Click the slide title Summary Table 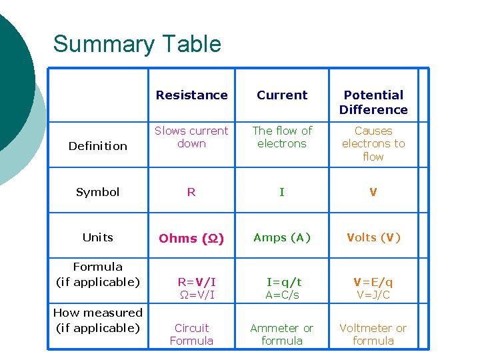[137, 44]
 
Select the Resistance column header [191, 95]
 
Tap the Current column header [282, 95]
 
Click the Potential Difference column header [373, 102]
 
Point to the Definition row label [98, 146]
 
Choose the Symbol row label [98, 192]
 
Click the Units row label [98, 237]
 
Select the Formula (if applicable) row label [98, 274]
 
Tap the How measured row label [98, 320]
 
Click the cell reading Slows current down [191, 137]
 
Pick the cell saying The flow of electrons [282, 137]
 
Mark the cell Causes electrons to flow [373, 143]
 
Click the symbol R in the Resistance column [191, 192]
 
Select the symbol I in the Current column [282, 192]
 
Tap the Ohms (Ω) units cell [191, 238]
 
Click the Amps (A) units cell [282, 237]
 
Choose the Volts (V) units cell [373, 237]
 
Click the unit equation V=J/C [373, 295]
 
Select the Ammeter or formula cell [282, 334]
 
